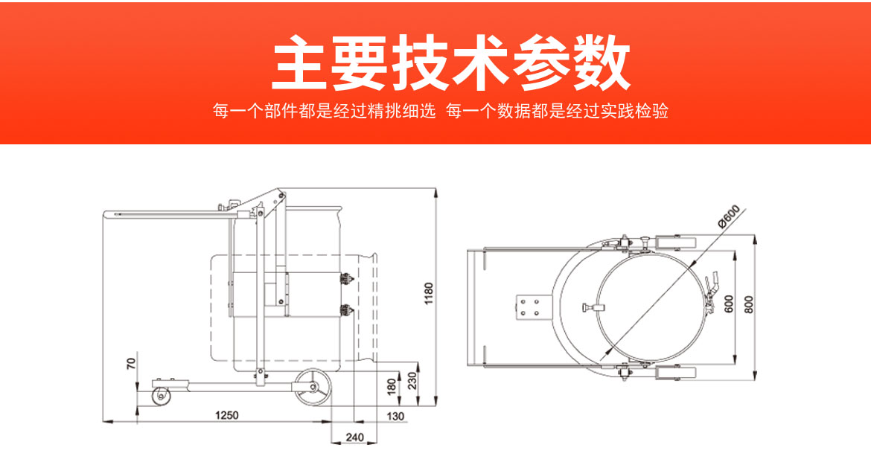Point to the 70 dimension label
pos(131,364)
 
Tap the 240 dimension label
pos(355,438)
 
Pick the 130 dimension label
pos(396,416)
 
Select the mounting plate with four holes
pos(531,307)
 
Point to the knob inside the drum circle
pos(590,307)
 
